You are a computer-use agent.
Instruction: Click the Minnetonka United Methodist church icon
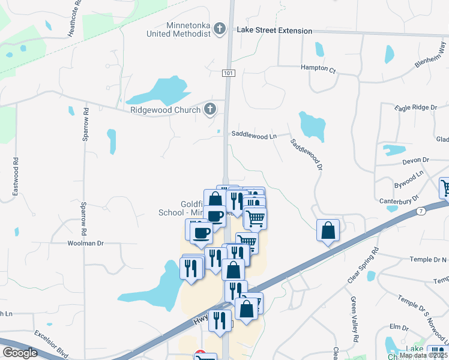tap(220, 28)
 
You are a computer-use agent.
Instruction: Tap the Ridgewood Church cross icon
tap(209, 109)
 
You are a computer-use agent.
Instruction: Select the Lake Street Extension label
tap(274, 31)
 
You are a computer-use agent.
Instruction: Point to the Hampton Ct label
tap(318, 69)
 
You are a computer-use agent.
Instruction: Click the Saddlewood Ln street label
tap(254, 136)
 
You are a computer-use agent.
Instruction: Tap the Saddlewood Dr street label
tap(307, 154)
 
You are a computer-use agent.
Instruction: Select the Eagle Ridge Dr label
tap(415, 107)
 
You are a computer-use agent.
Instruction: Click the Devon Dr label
tap(417, 160)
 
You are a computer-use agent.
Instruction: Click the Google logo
tap(20, 353)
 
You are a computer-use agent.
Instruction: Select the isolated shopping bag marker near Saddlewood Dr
tap(328, 232)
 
